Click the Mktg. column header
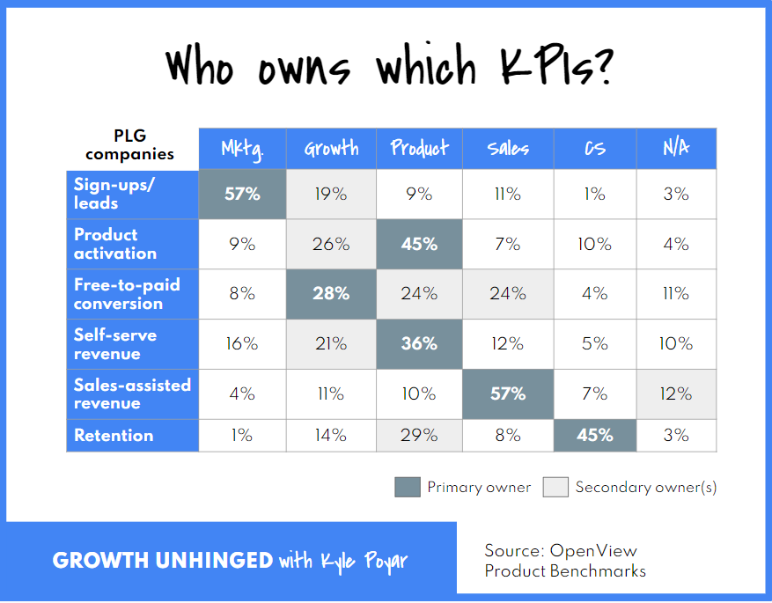tap(242, 148)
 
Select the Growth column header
tap(331, 148)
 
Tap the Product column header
tap(420, 148)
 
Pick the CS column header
tap(595, 148)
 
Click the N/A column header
tap(676, 148)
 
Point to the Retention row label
tap(114, 435)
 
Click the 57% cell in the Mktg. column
tap(242, 194)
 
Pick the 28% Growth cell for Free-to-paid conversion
tap(331, 294)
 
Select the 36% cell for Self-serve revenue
tap(420, 343)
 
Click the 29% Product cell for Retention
tap(420, 435)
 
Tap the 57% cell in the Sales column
tap(508, 393)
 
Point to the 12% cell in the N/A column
tap(676, 393)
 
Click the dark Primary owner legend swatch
tap(408, 487)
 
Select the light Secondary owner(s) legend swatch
tap(555, 487)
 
